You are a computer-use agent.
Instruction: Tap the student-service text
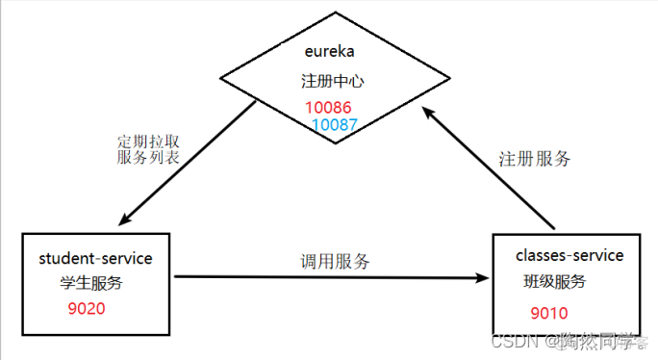95,259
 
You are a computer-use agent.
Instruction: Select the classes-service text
569,255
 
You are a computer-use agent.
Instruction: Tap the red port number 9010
548,313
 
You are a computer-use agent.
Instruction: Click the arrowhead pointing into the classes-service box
483,279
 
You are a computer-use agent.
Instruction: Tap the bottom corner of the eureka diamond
333,143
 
